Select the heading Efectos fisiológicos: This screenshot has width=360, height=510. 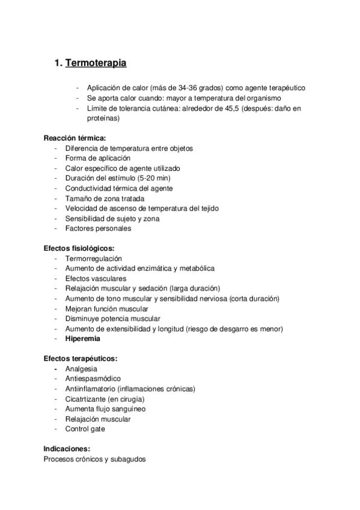79,248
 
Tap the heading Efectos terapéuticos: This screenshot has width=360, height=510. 81,358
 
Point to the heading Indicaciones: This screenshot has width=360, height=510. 67,449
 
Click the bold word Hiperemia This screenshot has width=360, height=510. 84,339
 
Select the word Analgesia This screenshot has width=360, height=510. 81,369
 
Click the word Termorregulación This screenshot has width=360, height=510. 97,258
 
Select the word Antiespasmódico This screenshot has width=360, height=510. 93,379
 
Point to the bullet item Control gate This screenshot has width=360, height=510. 86,429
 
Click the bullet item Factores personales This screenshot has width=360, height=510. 98,228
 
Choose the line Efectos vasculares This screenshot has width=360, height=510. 96,278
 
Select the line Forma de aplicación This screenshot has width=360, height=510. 98,158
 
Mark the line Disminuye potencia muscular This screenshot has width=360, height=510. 112,318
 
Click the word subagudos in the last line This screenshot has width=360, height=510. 129,459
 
